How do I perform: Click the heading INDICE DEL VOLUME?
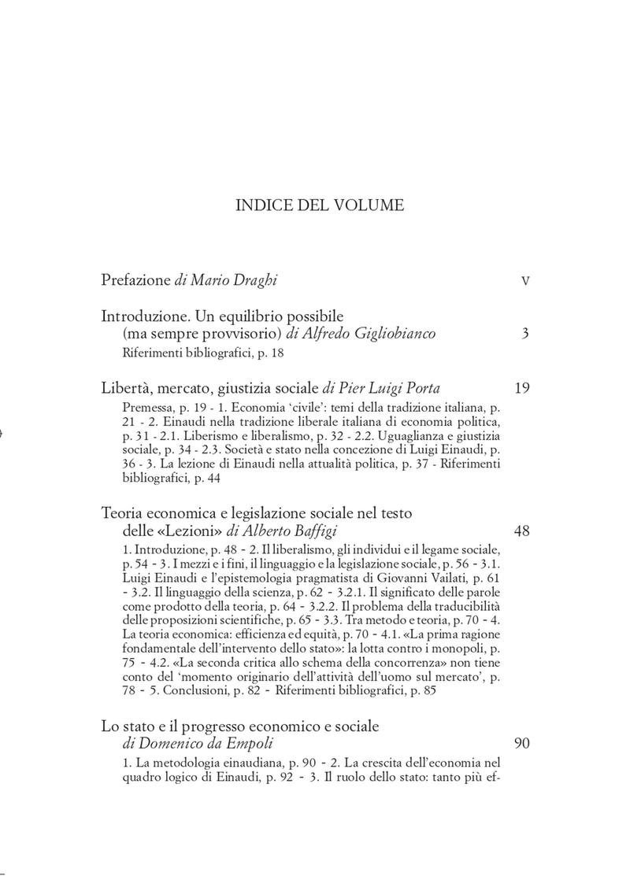point(320,206)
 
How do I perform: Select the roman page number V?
point(525,281)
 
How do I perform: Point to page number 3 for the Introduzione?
point(525,334)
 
